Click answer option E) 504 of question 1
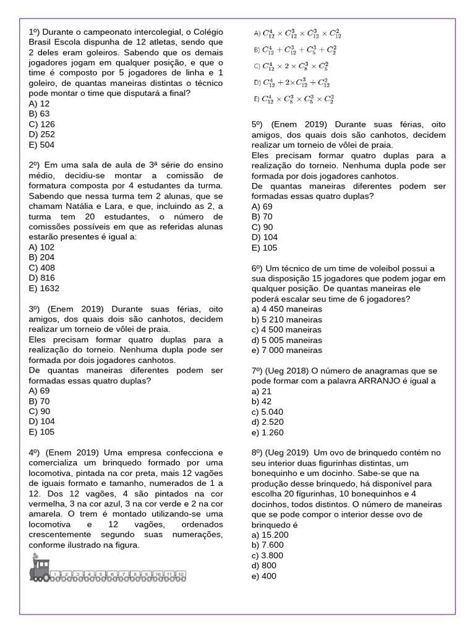point(41,145)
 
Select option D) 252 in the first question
point(41,134)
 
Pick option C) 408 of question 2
point(41,268)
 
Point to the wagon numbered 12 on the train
point(180,575)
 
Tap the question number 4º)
point(35,452)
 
